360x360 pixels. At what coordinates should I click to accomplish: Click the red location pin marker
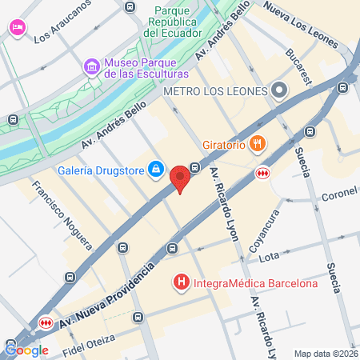[182, 178]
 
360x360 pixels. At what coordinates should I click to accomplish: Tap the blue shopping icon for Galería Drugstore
[157, 170]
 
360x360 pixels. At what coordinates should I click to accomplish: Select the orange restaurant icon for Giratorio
[257, 144]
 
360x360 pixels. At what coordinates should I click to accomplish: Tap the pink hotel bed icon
[16, 27]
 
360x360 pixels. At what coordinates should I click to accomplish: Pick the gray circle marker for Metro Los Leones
[279, 90]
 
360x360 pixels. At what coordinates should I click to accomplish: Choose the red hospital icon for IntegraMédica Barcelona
[182, 282]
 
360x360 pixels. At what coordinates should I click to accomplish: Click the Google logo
[26, 350]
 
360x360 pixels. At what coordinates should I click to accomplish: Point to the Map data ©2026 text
[324, 354]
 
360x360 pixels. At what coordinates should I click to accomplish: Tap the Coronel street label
[339, 194]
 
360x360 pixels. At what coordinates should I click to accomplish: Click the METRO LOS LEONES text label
[214, 91]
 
